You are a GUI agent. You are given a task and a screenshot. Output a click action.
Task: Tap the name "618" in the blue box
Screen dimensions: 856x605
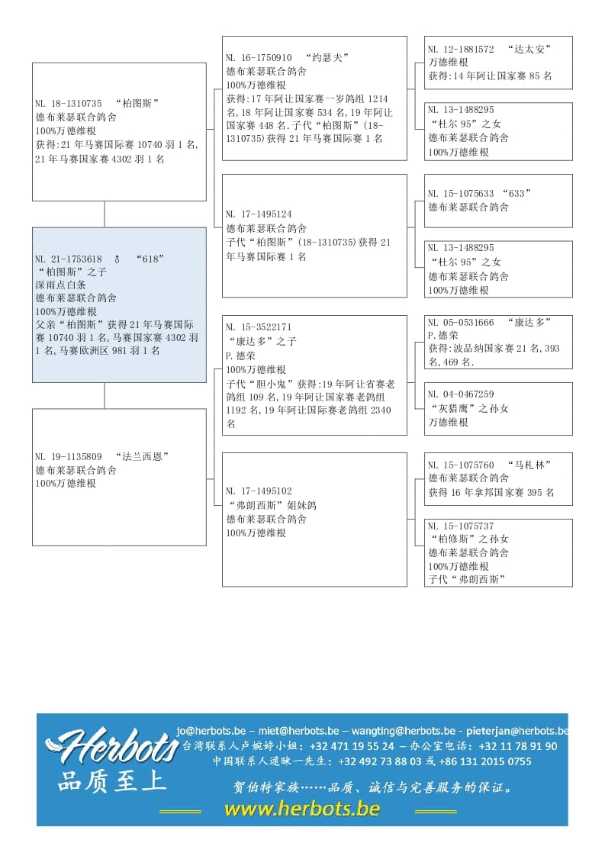coord(150,259)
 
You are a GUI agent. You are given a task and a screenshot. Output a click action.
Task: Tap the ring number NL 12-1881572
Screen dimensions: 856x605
coord(461,49)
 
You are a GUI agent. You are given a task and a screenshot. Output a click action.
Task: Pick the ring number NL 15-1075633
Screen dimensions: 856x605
coord(461,193)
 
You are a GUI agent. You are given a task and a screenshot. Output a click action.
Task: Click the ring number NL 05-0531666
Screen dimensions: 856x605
coord(461,322)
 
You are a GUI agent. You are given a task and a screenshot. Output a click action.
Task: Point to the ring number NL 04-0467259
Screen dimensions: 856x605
coord(461,394)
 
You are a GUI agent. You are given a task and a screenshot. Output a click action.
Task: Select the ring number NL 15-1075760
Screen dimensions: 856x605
coord(461,465)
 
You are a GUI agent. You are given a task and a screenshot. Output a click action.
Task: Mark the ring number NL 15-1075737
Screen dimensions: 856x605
coord(461,526)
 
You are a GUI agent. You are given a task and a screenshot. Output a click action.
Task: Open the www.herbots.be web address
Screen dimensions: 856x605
coord(301,809)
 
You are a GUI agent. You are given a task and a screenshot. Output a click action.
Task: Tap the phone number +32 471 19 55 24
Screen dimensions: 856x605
coord(352,746)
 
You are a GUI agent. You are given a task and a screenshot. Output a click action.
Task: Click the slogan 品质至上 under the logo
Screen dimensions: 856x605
coord(111,782)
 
